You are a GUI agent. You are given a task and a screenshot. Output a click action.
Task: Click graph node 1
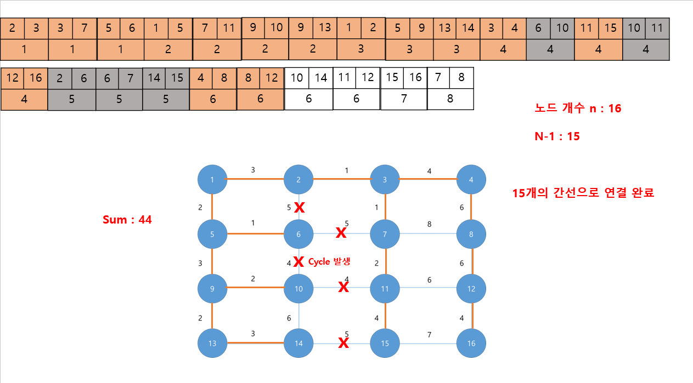click(212, 179)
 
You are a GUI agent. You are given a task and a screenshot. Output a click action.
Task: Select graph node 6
click(298, 234)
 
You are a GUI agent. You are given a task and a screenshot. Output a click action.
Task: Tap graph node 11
click(385, 289)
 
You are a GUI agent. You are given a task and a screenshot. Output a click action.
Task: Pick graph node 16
click(471, 344)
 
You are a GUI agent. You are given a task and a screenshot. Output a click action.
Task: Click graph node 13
click(212, 344)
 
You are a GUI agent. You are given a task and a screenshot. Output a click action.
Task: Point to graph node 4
click(471, 179)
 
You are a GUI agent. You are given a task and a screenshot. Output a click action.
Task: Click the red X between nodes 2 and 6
click(299, 207)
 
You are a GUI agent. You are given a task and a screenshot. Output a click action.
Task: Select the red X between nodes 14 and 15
click(343, 343)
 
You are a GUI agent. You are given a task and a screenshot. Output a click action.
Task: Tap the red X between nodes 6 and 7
click(341, 233)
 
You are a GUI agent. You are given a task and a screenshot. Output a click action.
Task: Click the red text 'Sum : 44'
click(127, 220)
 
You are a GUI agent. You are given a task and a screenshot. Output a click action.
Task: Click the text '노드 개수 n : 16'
click(578, 108)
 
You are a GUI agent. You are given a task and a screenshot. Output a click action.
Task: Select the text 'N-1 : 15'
click(557, 136)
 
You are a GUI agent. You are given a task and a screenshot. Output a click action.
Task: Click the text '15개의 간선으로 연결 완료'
click(582, 193)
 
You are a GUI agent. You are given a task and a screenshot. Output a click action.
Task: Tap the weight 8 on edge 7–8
click(430, 224)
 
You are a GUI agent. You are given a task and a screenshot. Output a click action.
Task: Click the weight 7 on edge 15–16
click(430, 334)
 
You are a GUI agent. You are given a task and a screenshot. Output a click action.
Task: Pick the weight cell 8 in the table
click(450, 99)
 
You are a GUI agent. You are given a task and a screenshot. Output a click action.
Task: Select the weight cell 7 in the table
click(403, 99)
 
